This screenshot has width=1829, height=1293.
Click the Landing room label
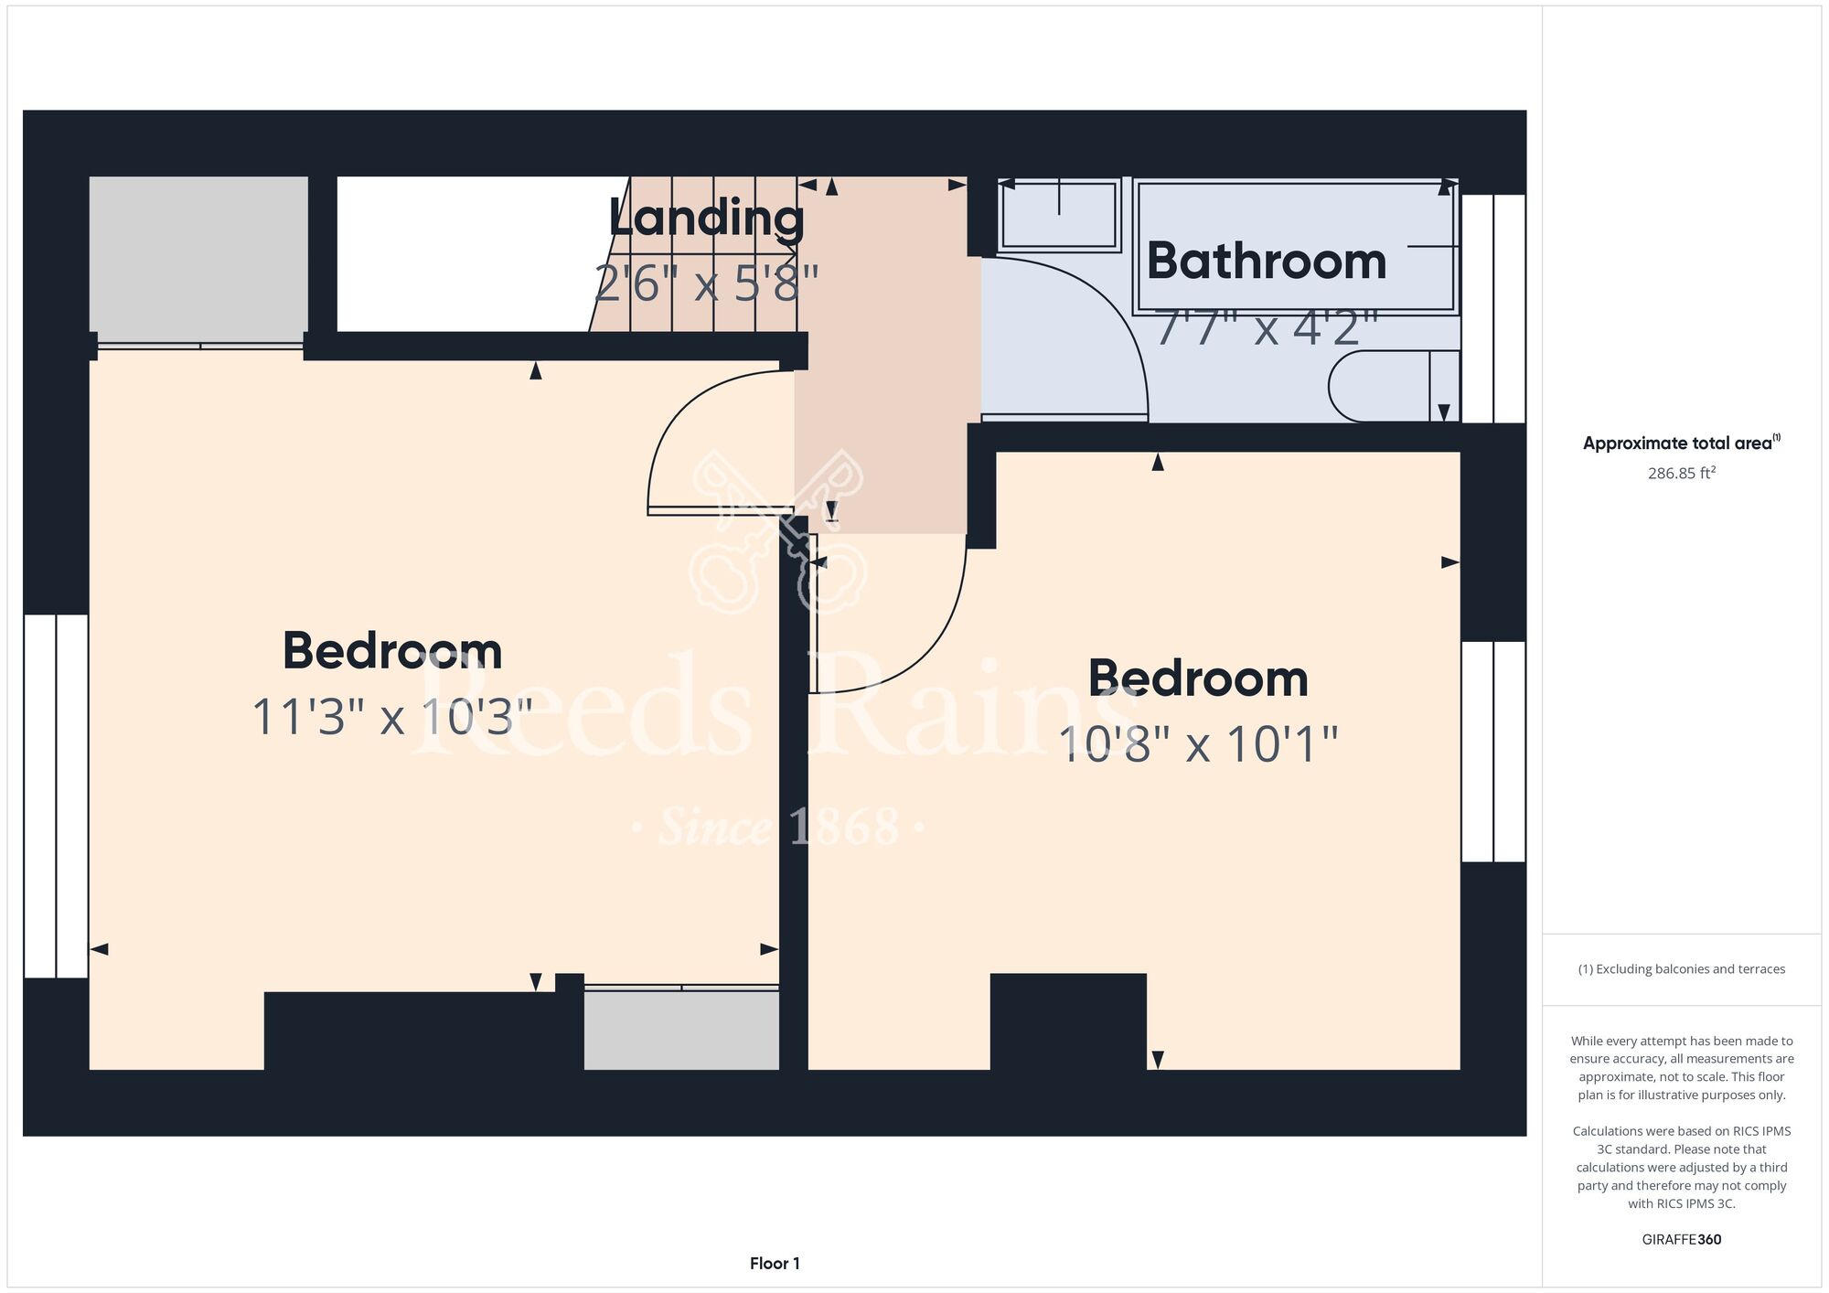(x=706, y=218)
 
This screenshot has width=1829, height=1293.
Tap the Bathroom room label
(x=1267, y=262)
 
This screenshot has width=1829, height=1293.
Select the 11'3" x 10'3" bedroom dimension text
(x=392, y=717)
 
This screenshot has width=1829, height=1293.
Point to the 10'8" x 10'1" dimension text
(x=1198, y=744)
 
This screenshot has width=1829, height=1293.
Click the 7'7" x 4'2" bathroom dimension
(x=1267, y=327)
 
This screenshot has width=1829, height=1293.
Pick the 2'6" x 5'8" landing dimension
(x=706, y=283)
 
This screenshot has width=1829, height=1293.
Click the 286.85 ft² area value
(x=1681, y=473)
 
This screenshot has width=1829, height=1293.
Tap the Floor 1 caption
(x=775, y=1263)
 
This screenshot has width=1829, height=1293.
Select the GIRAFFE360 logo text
(x=1681, y=1239)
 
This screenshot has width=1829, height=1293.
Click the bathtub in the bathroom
(x=1294, y=246)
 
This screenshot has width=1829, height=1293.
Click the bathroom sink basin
(x=1061, y=215)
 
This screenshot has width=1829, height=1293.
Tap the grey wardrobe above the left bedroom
(x=198, y=254)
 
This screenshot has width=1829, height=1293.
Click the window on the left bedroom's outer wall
(x=56, y=796)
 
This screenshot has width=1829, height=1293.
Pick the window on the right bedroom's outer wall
(x=1493, y=752)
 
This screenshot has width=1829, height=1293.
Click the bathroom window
(x=1493, y=308)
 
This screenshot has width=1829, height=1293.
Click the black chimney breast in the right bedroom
(x=1068, y=1021)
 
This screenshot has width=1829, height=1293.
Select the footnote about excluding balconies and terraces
(x=1681, y=969)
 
